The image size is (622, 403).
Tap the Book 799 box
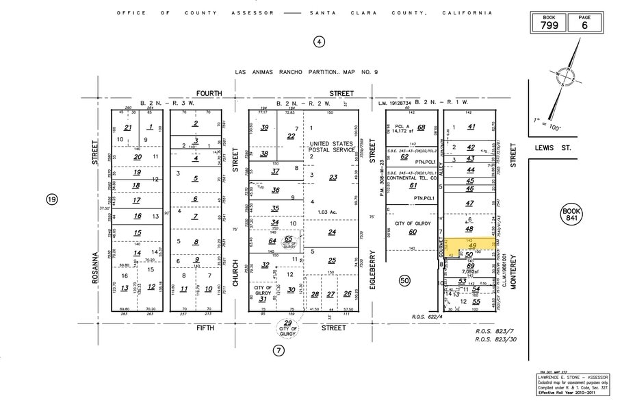[549, 23]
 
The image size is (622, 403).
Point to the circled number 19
[52, 199]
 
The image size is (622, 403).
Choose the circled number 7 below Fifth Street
[278, 350]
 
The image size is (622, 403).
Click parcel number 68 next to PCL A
[422, 127]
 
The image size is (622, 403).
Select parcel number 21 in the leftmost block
[128, 127]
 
